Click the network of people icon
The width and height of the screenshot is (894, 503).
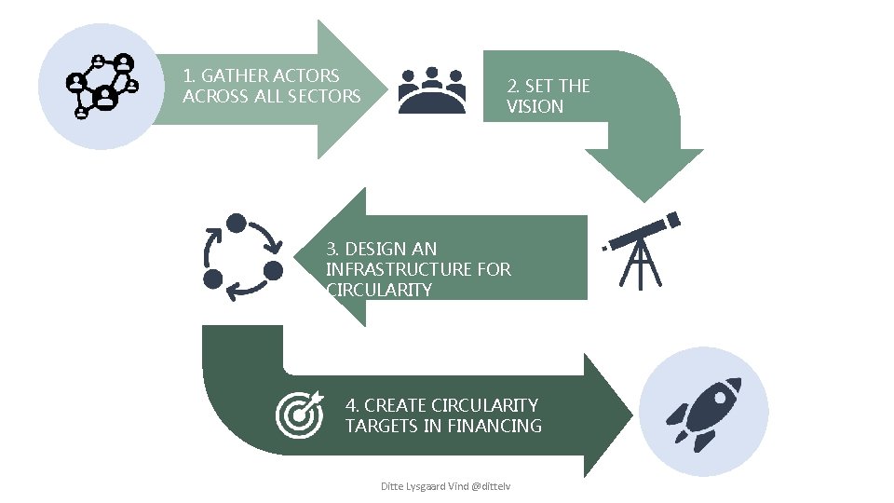coord(102,86)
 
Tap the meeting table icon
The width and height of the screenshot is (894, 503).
coord(431,90)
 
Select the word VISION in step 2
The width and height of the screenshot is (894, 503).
coord(535,106)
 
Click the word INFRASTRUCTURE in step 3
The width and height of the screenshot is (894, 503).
coord(399,269)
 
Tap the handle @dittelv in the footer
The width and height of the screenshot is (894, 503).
coord(493,486)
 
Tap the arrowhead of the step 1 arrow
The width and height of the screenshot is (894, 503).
coord(350,89)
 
